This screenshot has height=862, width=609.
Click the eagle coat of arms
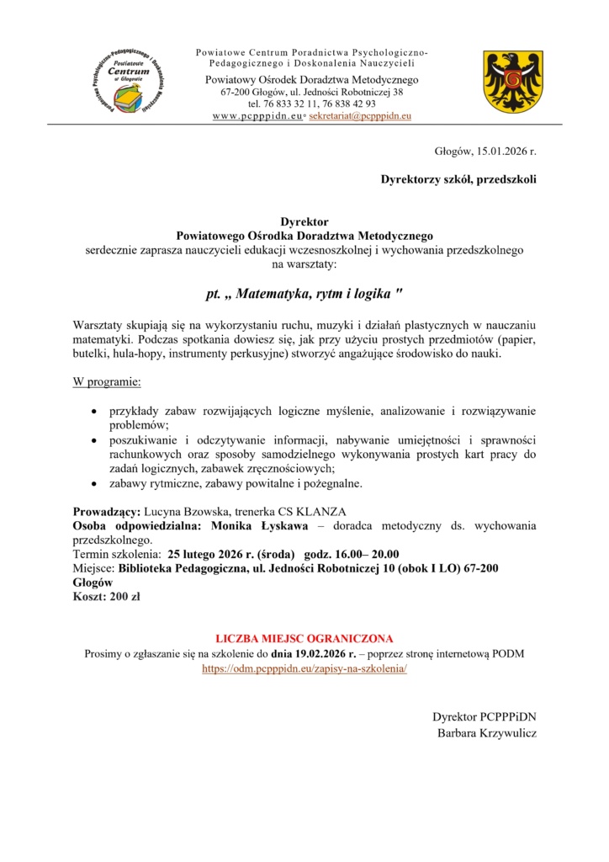pyautogui.click(x=506, y=82)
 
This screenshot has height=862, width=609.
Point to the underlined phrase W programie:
pyautogui.click(x=107, y=383)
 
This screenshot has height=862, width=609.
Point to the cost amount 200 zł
pyautogui.click(x=121, y=597)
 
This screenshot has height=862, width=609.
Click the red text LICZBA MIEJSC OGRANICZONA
pyautogui.click(x=304, y=638)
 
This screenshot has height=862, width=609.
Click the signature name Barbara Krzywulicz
pyautogui.click(x=487, y=732)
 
